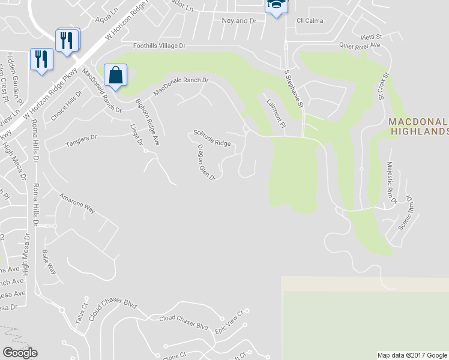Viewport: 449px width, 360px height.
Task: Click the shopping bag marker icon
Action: pos(116,76)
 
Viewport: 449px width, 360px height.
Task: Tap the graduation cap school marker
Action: pos(276,5)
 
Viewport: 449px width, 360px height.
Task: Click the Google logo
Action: pos(20,353)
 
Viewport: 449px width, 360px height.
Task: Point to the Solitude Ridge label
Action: pos(212,139)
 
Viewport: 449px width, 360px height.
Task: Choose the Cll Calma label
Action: pos(310,20)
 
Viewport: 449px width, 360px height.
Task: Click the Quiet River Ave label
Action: pos(360,45)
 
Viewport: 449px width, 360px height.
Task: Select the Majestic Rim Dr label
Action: pos(391,182)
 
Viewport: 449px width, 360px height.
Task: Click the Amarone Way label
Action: pos(77,203)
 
